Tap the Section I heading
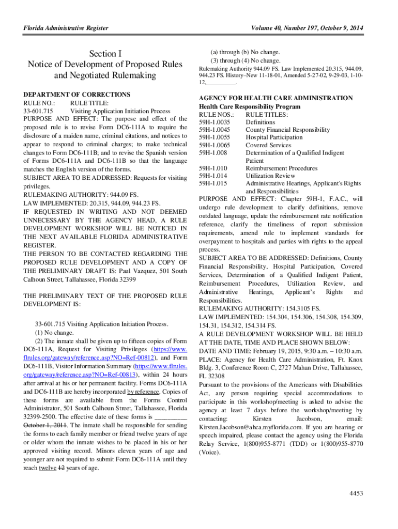105,53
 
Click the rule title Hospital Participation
274,137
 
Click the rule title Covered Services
268,145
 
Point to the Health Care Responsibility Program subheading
250,106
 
